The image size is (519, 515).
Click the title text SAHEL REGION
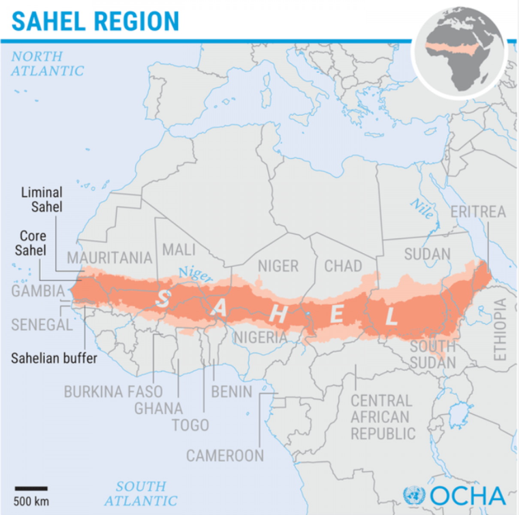point(95,21)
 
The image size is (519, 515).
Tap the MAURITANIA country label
point(110,258)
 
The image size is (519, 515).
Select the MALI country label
point(179,249)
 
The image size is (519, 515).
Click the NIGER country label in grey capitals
point(278,267)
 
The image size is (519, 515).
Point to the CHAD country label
point(343,266)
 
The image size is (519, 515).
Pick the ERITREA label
point(478,212)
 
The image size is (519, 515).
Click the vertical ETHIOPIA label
point(500,330)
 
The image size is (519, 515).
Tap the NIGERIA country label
point(260,338)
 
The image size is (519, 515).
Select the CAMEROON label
point(225,456)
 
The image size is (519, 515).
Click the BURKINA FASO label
point(113,392)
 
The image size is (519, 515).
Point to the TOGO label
point(190,425)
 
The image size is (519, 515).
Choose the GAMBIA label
point(38,291)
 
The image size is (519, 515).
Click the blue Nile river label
point(422,209)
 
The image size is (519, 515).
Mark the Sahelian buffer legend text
point(54,358)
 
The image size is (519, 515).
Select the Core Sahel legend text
point(31,243)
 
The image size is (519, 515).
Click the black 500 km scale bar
point(31,488)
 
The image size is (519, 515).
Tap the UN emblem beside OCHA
point(414,496)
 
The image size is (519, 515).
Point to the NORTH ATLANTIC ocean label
point(47,64)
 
